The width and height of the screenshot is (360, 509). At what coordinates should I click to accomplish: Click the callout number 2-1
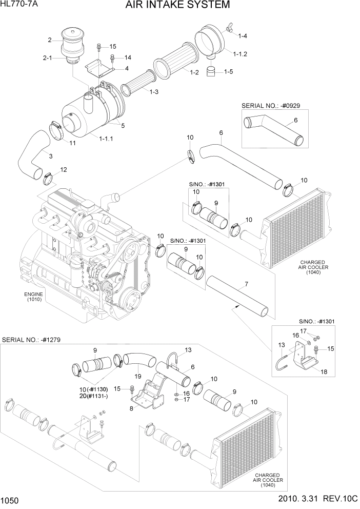tap(47, 58)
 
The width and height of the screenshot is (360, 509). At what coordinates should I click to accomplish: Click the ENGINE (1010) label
tap(34, 296)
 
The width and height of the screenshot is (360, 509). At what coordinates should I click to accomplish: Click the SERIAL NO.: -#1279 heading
tap(31, 339)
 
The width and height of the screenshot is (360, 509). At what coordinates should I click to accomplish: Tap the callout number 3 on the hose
tap(50, 156)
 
